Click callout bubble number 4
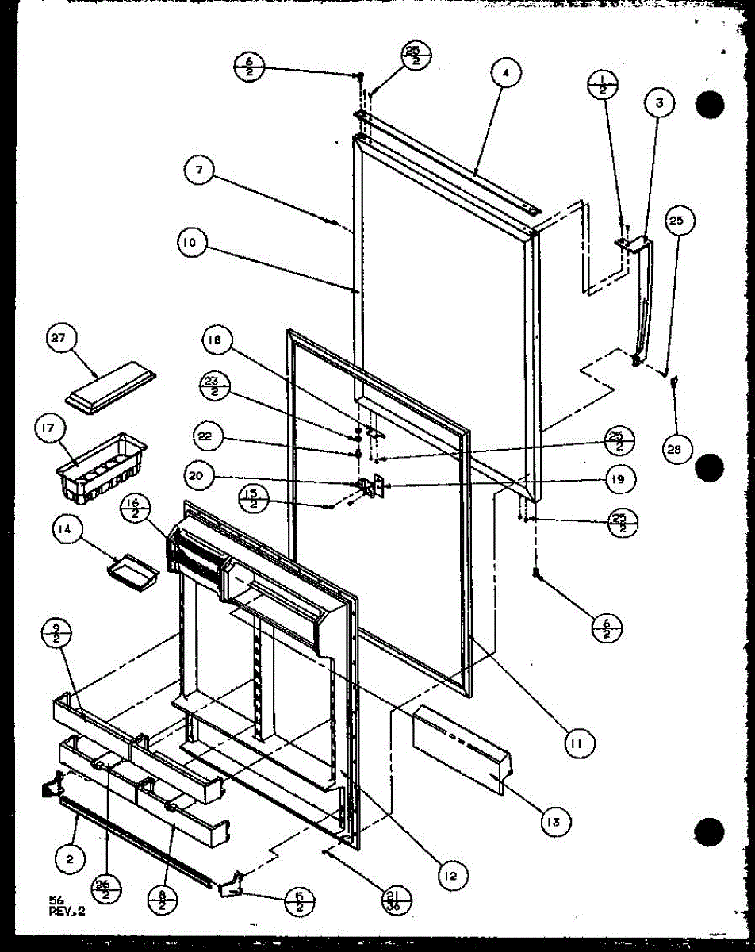click(505, 74)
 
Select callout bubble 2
click(70, 856)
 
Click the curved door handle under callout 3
click(647, 301)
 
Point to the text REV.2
click(66, 912)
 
